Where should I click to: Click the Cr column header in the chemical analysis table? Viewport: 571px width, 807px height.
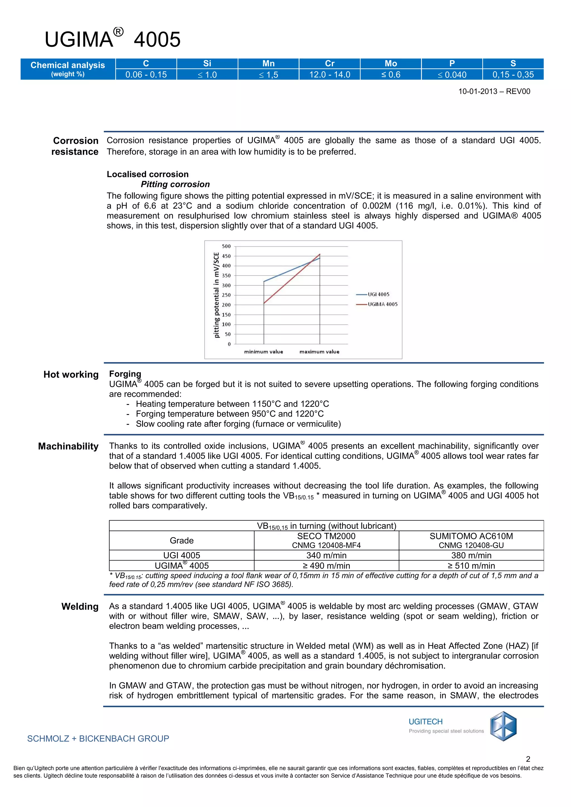330,63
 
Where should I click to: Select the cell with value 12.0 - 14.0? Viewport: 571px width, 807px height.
330,74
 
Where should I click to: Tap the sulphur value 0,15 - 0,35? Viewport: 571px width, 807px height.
513,74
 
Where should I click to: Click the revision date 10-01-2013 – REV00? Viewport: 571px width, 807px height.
494,91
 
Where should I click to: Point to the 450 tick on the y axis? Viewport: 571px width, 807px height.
226,256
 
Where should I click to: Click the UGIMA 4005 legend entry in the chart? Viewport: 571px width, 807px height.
382,304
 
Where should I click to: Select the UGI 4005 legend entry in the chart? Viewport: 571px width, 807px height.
378,295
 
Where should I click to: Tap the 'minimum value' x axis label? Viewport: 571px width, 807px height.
263,352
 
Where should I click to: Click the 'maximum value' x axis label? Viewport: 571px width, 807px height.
319,352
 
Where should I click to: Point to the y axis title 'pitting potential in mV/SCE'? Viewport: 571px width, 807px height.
216,295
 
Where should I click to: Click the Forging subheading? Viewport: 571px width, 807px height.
125,374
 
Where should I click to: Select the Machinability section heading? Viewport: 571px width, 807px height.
68,446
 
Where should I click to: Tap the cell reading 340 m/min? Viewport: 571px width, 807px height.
326,555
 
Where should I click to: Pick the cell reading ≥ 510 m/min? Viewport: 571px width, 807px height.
471,565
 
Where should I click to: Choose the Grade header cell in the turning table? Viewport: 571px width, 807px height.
182,541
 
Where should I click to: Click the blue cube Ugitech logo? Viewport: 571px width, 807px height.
503,726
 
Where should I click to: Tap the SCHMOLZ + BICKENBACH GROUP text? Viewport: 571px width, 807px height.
98,739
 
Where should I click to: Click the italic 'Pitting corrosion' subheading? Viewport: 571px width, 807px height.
175,184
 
